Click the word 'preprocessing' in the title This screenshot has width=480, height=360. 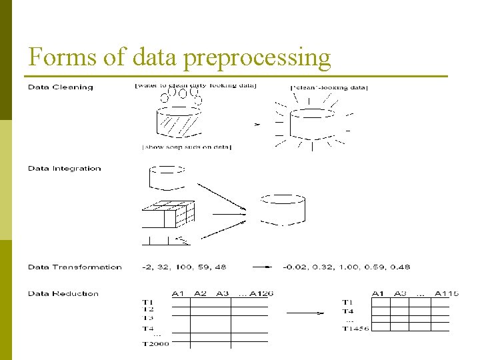(x=257, y=59)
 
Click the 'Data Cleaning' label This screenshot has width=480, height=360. (x=61, y=87)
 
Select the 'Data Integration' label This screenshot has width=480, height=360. (x=65, y=169)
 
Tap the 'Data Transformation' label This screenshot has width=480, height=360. (x=75, y=267)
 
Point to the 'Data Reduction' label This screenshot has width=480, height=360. (x=63, y=293)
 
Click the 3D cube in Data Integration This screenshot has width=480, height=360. (x=168, y=215)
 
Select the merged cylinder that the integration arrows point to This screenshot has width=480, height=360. (x=282, y=209)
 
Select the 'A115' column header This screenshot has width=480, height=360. (x=447, y=294)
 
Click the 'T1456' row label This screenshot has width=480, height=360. (x=356, y=328)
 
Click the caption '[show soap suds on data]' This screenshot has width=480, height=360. (x=187, y=147)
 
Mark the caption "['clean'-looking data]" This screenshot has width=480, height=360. (x=329, y=88)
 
